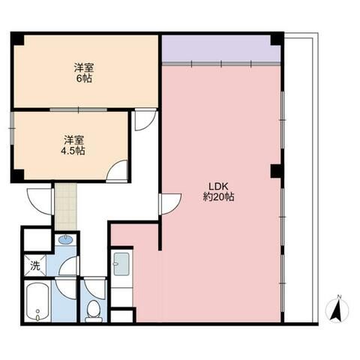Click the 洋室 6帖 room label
click(84, 73)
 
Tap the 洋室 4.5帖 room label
click(73, 145)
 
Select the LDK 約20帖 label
click(218, 192)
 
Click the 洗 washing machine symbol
click(35, 265)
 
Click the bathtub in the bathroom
click(37, 301)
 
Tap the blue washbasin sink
click(66, 239)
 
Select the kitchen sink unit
click(121, 264)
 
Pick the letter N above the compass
click(339, 297)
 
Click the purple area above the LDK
click(221, 48)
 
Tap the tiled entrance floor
click(66, 206)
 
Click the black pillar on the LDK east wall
click(277, 171)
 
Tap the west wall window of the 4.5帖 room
click(12, 128)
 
